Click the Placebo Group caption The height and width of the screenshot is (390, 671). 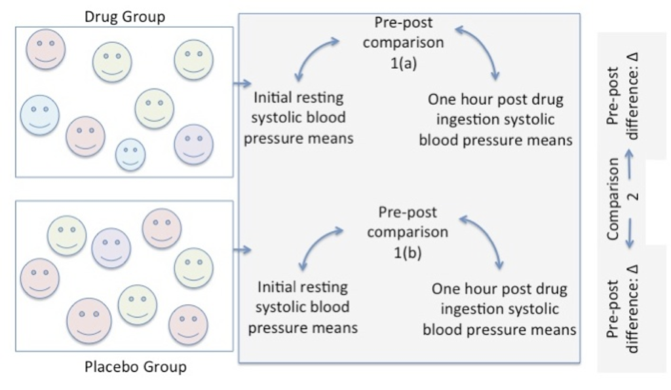(136, 366)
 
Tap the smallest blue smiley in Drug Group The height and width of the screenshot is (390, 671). (130, 154)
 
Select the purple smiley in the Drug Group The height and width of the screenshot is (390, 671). (193, 143)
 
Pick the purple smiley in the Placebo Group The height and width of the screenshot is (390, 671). (111, 247)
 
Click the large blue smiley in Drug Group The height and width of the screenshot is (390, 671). (39, 115)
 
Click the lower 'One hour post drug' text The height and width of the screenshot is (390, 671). (499, 289)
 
